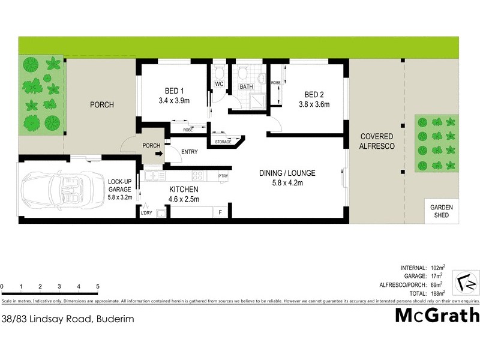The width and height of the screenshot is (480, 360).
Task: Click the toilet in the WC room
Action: pyautogui.click(x=218, y=73)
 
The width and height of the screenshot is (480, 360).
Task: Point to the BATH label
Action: pyautogui.click(x=247, y=87)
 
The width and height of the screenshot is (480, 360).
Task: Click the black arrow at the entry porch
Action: pyautogui.click(x=158, y=154)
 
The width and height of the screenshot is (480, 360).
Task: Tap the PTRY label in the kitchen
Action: pyautogui.click(x=223, y=176)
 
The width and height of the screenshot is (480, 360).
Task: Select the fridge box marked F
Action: pyautogui.click(x=220, y=212)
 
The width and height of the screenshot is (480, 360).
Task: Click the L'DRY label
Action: pyautogui.click(x=146, y=213)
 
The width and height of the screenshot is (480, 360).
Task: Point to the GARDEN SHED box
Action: pyautogui.click(x=442, y=211)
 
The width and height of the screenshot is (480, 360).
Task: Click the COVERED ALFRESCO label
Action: pyautogui.click(x=376, y=141)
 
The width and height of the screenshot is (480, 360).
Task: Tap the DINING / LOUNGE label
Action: pyautogui.click(x=287, y=173)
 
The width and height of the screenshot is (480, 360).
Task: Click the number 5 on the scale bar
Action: pyautogui.click(x=97, y=287)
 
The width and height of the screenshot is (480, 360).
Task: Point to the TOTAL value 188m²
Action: pyautogui.click(x=439, y=293)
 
